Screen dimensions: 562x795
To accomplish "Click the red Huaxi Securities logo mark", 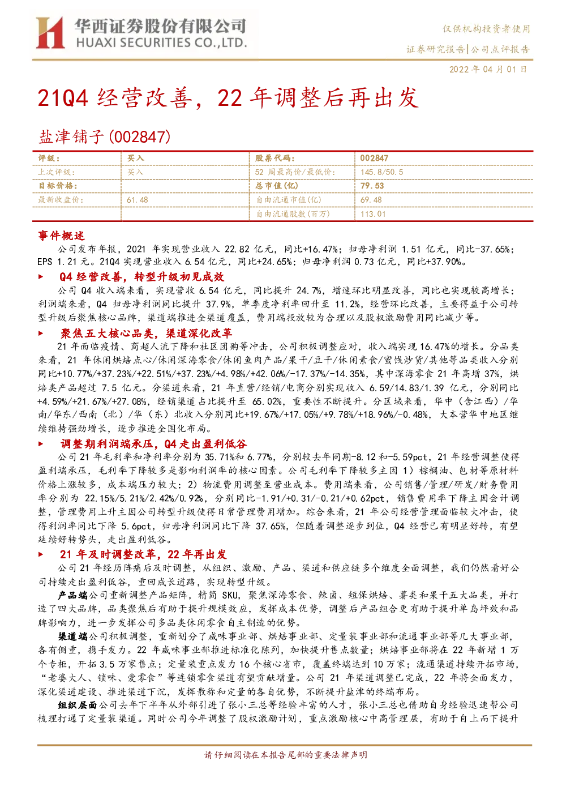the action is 50,32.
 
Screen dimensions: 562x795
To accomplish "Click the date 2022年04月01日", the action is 488,69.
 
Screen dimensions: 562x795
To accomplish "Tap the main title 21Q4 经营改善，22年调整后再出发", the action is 228,97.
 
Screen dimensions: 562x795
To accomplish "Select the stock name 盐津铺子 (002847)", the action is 104,136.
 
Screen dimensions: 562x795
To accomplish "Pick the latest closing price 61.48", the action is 138,200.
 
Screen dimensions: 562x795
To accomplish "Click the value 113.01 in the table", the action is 373,214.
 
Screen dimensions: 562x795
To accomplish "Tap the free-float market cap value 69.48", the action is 371,200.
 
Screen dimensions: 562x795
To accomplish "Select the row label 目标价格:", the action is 58,186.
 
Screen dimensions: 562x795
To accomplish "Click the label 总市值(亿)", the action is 277,186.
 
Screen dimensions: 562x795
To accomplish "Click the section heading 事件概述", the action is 61,236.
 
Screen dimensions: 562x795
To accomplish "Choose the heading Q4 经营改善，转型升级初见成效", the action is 141,277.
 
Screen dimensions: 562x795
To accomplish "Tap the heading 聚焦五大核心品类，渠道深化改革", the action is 146,333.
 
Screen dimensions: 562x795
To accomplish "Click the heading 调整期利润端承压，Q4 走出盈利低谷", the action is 153,443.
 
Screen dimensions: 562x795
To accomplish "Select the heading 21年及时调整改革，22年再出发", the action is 143,554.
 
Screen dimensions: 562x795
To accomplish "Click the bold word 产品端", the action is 73,595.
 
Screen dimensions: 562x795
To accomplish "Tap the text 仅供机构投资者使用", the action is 486,29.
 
